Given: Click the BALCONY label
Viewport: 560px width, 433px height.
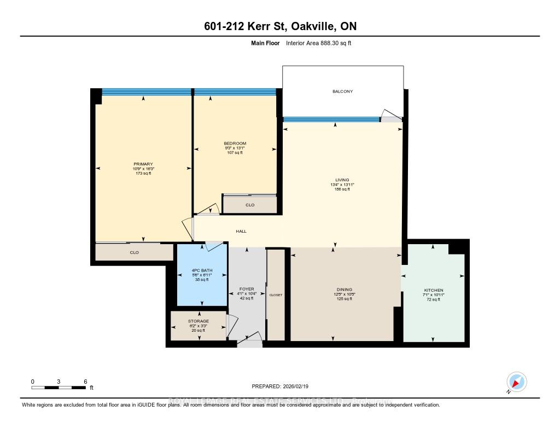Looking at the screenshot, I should point(342,91).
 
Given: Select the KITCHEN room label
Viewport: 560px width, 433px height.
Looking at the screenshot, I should point(434,290).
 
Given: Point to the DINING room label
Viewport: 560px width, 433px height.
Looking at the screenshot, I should point(345,290).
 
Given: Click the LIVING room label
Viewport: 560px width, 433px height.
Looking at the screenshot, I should point(342,180).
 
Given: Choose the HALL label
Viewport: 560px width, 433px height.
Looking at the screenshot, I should point(241,232).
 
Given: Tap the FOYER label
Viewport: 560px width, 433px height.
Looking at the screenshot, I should point(247,288).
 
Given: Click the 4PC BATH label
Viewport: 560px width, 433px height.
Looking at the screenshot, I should point(202,270).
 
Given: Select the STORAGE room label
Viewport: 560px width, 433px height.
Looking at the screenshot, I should point(198,321).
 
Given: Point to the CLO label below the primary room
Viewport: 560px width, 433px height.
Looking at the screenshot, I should point(134,252).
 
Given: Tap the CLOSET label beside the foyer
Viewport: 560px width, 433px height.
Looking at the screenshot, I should point(276,295).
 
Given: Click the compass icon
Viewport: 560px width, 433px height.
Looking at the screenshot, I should point(516,382).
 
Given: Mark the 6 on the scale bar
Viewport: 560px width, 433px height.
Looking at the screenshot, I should point(85,381).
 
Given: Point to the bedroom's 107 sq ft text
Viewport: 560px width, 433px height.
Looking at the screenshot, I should point(235,153).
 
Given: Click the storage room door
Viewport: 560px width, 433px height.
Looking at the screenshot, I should point(232,327).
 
